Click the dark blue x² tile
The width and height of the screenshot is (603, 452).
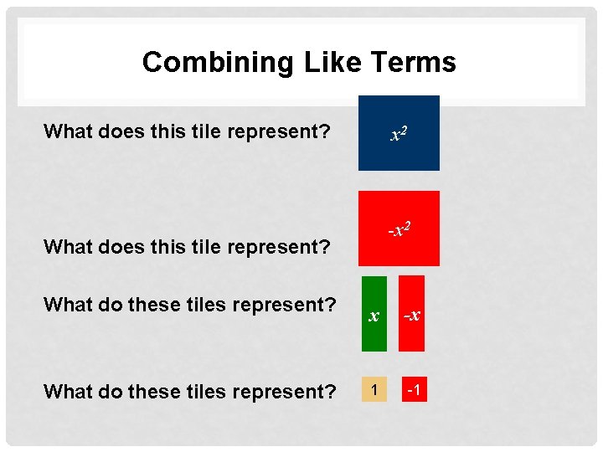click(399, 134)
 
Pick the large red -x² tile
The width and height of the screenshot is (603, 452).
click(399, 228)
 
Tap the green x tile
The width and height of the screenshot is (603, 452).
click(374, 313)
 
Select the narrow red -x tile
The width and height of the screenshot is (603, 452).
click(411, 313)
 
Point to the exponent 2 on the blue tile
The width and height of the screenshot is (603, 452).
click(405, 128)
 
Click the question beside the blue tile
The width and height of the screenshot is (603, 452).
click(187, 132)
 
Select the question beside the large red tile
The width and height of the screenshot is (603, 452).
click(187, 247)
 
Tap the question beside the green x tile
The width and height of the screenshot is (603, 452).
click(190, 305)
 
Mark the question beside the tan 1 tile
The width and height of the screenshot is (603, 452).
click(190, 391)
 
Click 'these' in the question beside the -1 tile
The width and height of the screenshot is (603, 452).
click(160, 391)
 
